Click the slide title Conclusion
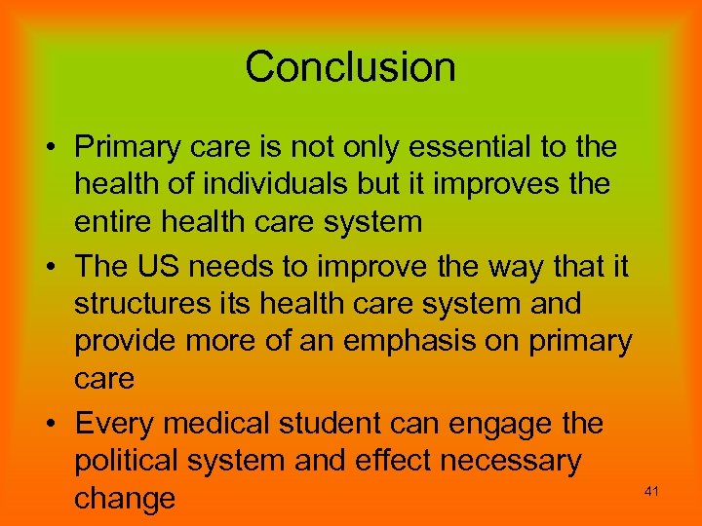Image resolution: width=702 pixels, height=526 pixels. [350, 67]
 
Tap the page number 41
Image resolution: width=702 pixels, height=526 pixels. [652, 491]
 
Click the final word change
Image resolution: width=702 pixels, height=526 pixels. [125, 499]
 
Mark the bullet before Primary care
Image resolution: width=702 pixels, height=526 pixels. [49, 148]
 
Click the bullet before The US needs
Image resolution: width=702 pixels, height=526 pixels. [49, 266]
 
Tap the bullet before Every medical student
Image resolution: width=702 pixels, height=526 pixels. [49, 425]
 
